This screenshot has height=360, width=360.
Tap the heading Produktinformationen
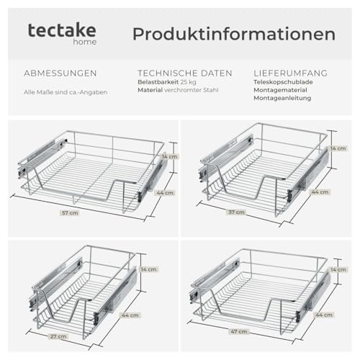(x=233, y=34)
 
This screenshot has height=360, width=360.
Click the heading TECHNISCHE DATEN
(x=185, y=73)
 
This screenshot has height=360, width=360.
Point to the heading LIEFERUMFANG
(x=291, y=73)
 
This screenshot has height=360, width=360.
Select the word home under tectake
(x=85, y=42)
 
